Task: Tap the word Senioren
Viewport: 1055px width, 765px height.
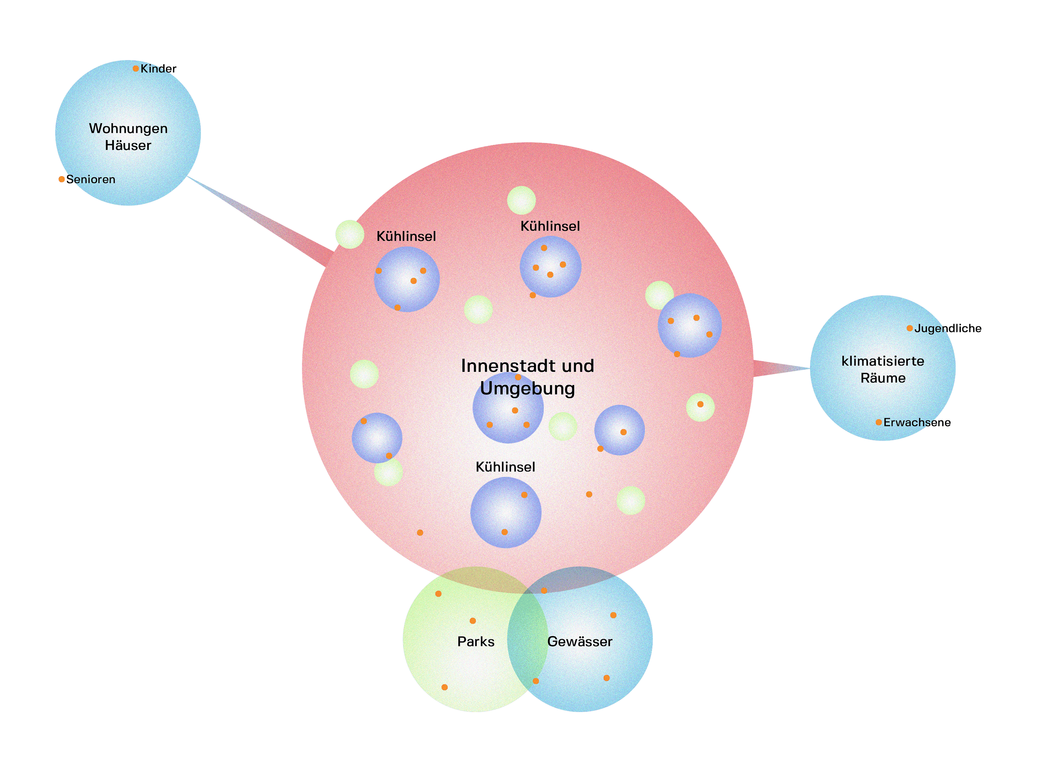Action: pos(91,180)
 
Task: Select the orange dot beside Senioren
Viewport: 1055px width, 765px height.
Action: pos(61,180)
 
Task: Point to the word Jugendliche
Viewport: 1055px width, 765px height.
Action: pos(948,328)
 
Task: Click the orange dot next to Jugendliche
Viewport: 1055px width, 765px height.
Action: pos(909,328)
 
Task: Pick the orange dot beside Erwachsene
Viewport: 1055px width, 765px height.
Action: pos(878,422)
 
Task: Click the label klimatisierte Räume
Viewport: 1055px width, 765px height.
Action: pos(883,369)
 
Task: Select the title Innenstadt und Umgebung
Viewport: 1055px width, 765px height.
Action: pos(527,377)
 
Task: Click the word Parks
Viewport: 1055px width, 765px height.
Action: pos(475,641)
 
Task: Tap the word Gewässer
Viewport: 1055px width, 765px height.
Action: pos(580,641)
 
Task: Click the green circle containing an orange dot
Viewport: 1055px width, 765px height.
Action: pos(700,408)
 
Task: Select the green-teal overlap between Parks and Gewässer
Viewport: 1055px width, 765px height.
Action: pos(527,640)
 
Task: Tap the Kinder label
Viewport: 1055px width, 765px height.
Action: pos(158,69)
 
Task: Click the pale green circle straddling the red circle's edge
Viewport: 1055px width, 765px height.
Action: pos(350,234)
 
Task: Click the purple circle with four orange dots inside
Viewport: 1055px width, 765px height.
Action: pos(550,267)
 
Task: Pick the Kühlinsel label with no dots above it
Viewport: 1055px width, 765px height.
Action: pos(406,236)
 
